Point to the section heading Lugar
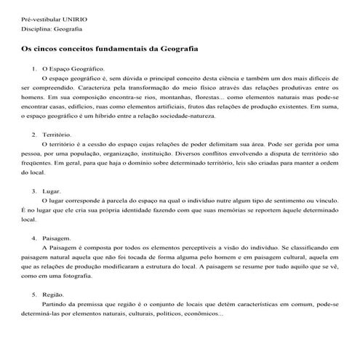click(52, 191)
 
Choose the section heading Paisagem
click(57, 239)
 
